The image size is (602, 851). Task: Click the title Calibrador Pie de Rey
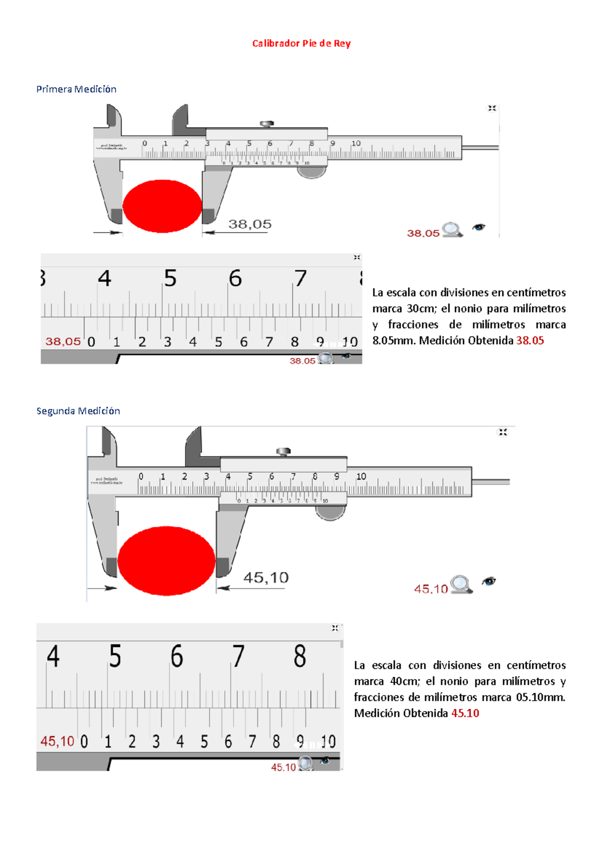pos(301,44)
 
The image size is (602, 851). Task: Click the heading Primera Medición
pos(76,89)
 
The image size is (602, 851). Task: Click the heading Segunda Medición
pos(78,411)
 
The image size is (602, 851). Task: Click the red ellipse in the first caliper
pos(162,206)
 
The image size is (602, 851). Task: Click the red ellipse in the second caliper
pos(166,560)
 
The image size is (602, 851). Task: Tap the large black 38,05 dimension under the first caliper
pos(250,224)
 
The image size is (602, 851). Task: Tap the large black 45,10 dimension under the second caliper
pos(266,578)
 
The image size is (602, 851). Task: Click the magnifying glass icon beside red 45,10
pos(461,584)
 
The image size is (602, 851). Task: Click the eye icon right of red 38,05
pos(479,228)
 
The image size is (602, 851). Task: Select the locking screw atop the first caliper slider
pos(266,123)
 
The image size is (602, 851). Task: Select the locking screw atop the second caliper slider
pos(283,452)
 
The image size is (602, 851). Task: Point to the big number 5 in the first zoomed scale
pos(170,278)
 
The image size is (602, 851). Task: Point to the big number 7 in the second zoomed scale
pos(238,656)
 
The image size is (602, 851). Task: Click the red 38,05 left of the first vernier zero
pos(63,342)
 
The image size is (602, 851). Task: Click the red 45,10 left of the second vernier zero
pos(57,741)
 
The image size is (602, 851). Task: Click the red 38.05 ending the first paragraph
pos(530,341)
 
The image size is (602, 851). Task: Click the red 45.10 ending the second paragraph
pos(465,713)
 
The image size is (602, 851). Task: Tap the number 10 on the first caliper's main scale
pos(356,143)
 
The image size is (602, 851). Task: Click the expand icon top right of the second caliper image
pos(503,432)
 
